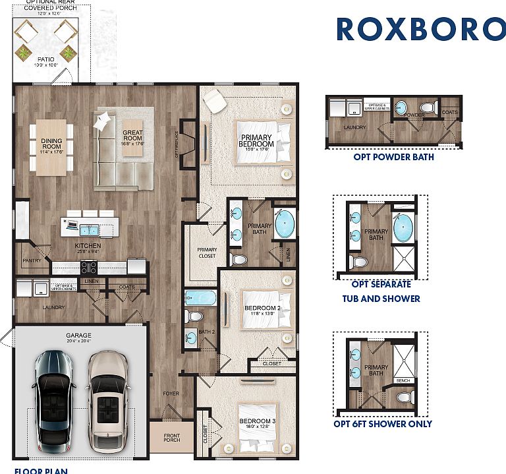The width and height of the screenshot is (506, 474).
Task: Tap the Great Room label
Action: [132, 137]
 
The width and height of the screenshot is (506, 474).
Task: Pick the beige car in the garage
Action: [107, 398]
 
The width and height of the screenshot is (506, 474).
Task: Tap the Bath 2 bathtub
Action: [200, 298]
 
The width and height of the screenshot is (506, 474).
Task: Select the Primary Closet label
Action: [207, 253]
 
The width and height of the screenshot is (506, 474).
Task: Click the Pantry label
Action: [31, 260]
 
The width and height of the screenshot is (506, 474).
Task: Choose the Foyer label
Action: [171, 394]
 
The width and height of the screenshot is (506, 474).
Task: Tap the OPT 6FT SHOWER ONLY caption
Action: [383, 423]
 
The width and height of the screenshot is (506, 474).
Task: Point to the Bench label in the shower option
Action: [403, 380]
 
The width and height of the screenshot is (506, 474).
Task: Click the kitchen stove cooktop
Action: [89, 267]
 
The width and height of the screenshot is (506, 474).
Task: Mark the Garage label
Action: [78, 338]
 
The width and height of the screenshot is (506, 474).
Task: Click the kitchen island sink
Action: [90, 230]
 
